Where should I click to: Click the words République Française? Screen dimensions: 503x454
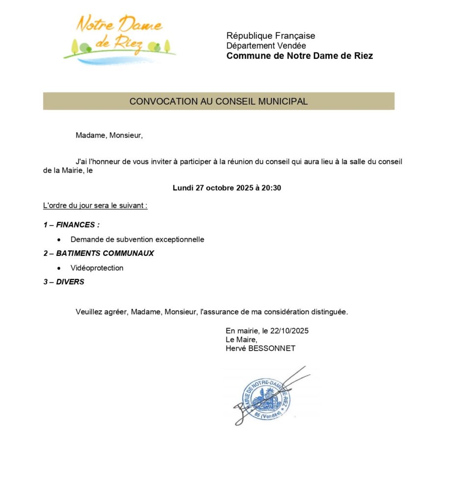pos(271,36)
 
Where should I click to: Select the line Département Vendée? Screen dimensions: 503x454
pos(266,46)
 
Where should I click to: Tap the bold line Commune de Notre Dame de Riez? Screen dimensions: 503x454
pos(299,56)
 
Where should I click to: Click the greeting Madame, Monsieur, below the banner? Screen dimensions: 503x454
pos(109,136)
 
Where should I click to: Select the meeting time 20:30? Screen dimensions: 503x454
pos(271,188)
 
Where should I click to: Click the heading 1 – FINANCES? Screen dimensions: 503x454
pos(72,225)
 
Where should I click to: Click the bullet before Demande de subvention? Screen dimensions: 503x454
pos(59,240)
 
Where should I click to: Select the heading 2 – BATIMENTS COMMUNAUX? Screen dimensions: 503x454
pos(99,253)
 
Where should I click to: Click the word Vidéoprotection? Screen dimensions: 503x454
pos(97,268)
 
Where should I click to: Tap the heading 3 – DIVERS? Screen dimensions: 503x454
pos(64,282)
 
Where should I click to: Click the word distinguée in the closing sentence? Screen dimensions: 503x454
pos(325,312)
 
